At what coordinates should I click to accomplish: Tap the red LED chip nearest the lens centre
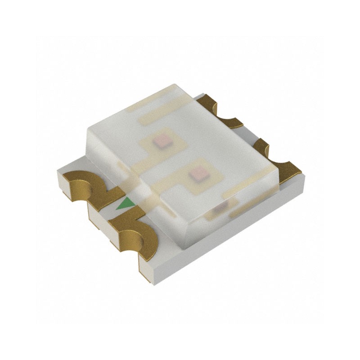[196, 173]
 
